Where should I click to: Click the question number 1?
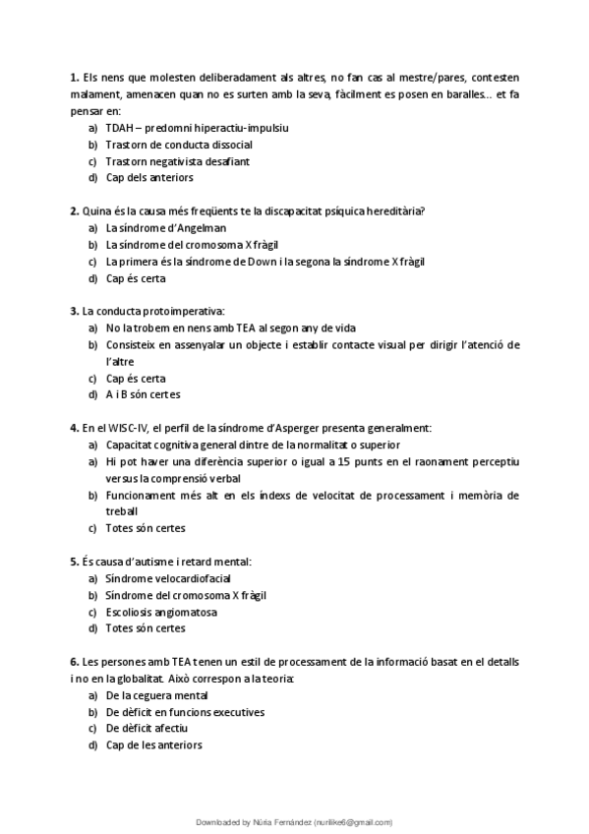click(74, 77)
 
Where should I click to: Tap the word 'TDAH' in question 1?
click(119, 127)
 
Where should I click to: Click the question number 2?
click(74, 210)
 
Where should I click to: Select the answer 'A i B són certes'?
click(143, 394)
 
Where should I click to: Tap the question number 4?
click(74, 428)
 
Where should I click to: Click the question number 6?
click(74, 662)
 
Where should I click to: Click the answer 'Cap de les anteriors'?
click(153, 745)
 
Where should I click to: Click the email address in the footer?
click(352, 821)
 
